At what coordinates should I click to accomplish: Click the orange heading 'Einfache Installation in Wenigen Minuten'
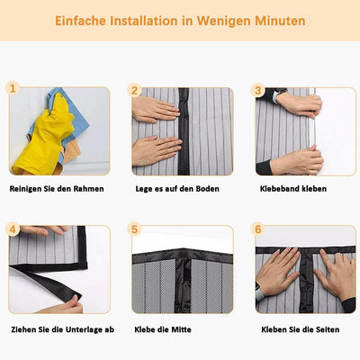(x=180, y=20)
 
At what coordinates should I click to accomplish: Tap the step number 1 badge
(x=13, y=89)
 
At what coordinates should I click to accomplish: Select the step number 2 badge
(x=134, y=90)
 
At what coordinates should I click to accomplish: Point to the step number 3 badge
(x=257, y=90)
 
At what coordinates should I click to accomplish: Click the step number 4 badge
(x=13, y=229)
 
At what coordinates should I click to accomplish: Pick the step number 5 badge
(x=134, y=229)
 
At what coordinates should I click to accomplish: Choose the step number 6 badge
(x=257, y=229)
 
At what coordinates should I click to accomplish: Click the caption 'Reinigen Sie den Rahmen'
(x=57, y=189)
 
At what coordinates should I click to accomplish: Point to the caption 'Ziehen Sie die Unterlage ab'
(x=61, y=329)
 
